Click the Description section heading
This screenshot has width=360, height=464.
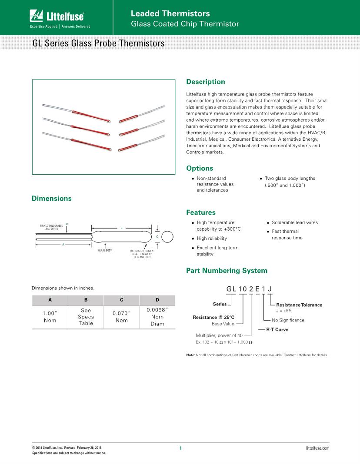205,82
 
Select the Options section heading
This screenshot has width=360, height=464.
200,168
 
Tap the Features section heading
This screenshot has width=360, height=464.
201,212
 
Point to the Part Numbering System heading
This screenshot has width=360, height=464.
227,270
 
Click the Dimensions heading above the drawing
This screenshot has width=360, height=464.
52,198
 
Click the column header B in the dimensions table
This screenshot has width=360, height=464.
86,300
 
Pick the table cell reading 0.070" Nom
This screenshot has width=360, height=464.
121,317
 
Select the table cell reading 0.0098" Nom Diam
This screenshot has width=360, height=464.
157,317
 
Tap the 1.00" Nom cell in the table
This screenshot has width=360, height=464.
50,317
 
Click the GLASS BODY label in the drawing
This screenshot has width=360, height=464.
105,251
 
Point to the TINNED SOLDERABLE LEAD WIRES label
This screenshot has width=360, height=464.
51,227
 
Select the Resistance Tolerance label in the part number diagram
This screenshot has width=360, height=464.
299,305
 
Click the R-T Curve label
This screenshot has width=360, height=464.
277,329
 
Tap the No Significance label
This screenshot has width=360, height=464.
288,320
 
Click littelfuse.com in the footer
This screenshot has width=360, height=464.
317,448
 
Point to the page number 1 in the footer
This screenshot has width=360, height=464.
180,448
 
